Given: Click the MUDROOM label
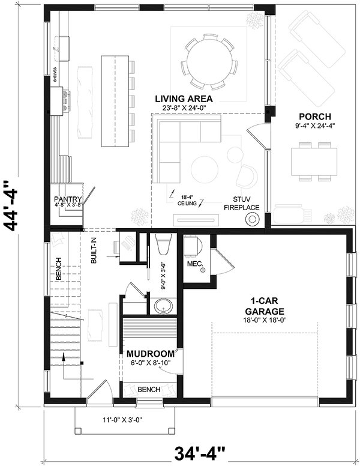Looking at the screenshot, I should (150, 353).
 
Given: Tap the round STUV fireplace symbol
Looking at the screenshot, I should (252, 219).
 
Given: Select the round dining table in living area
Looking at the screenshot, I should (209, 60).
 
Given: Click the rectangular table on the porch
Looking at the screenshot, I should (312, 161).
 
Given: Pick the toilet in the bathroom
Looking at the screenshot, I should (163, 246).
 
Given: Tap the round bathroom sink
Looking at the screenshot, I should (162, 307).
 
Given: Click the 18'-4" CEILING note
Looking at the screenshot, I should (186, 199).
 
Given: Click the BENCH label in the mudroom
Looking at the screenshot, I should (149, 390).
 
